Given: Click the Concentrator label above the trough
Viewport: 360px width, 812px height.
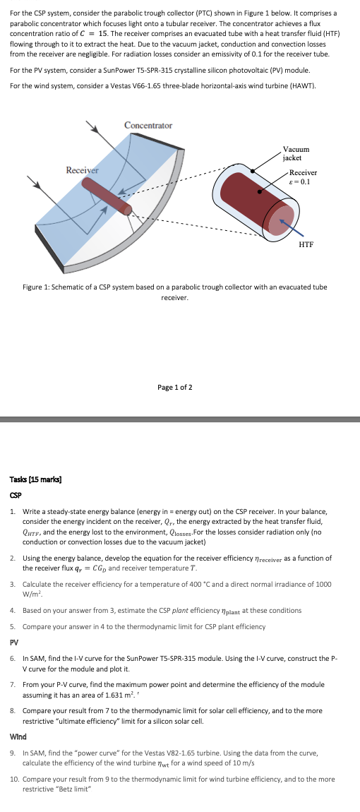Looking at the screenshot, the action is point(148,125).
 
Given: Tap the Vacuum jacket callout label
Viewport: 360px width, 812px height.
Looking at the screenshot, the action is point(296,153).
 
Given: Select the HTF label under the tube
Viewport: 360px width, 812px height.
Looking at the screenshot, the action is point(306,244).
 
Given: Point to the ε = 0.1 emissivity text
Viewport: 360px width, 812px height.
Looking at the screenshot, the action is point(301,181).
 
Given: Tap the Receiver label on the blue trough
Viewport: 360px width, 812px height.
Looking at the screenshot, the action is point(82,170).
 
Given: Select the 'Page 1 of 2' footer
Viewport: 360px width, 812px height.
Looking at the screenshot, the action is point(175,388).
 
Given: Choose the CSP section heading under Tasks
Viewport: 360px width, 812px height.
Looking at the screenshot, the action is point(16,496).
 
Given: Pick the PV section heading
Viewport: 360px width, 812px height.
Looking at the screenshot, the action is point(14,643).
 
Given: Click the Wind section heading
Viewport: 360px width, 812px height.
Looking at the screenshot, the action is point(18,736).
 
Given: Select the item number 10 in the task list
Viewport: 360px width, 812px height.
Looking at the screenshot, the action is point(15,779).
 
